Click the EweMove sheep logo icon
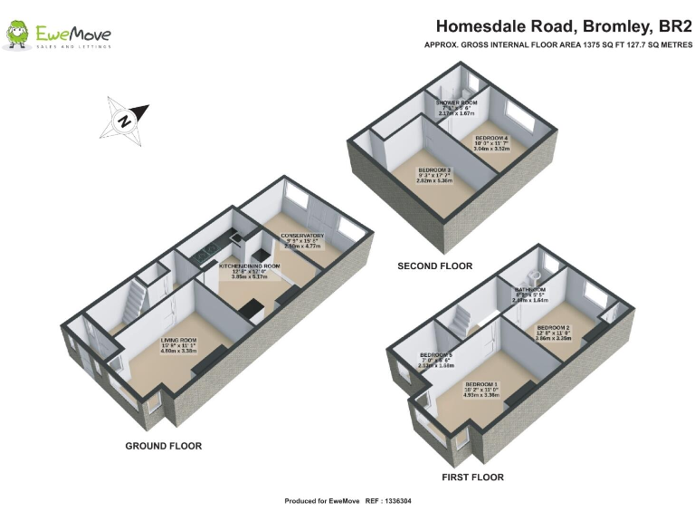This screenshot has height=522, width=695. coord(18,35)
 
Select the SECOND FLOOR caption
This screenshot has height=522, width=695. coord(435,266)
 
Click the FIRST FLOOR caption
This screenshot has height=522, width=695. coord(472,477)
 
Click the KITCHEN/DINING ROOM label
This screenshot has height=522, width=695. coord(250,266)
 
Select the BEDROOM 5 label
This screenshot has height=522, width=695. coord(436,355)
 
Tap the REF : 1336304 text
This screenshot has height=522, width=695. coord(387,501)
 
